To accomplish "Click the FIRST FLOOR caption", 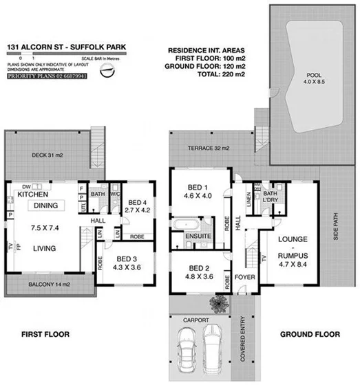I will click(x=46, y=335).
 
